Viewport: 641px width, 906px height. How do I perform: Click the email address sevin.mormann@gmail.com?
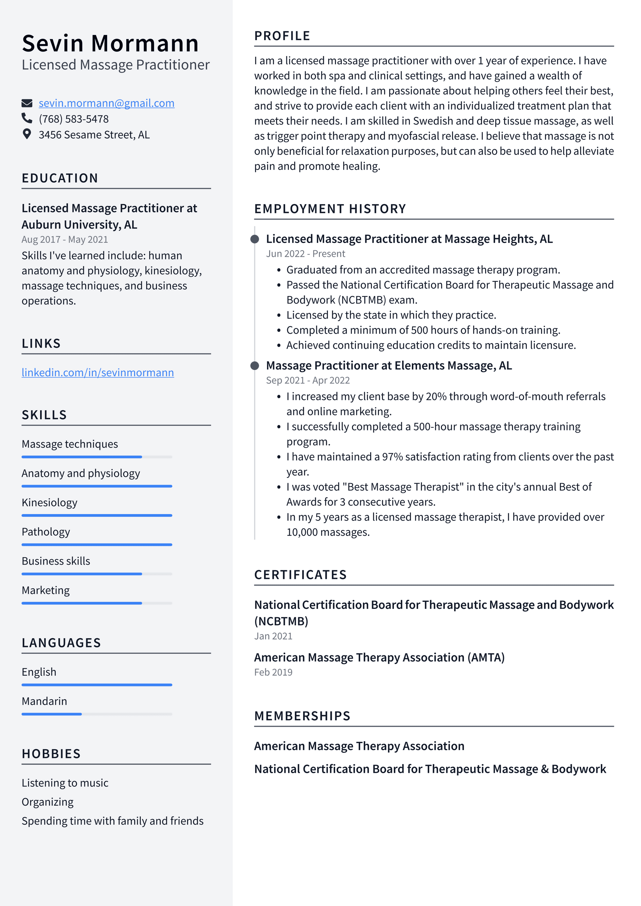click(106, 103)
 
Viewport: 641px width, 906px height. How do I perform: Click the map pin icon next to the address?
click(26, 134)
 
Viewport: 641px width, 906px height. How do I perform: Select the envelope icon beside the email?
click(26, 103)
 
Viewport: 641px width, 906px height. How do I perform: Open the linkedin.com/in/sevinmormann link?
click(97, 373)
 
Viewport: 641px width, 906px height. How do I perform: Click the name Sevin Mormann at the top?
click(110, 43)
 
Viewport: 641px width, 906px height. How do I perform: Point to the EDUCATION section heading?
click(60, 178)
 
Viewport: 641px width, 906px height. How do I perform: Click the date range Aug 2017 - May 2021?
click(65, 240)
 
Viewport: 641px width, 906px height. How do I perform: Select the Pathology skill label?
click(46, 532)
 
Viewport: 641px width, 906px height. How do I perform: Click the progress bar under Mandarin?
click(97, 714)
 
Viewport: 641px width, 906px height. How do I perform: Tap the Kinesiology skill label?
click(49, 503)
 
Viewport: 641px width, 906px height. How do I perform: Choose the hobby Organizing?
click(47, 802)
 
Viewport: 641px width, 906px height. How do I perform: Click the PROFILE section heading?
click(282, 36)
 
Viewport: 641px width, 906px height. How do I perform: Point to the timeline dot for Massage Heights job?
click(255, 239)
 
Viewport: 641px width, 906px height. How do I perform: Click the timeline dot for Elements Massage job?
click(255, 366)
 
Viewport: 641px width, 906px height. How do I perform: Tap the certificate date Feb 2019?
click(273, 672)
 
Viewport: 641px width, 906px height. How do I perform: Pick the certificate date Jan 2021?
click(273, 636)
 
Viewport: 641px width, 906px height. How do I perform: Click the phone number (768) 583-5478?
click(73, 119)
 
